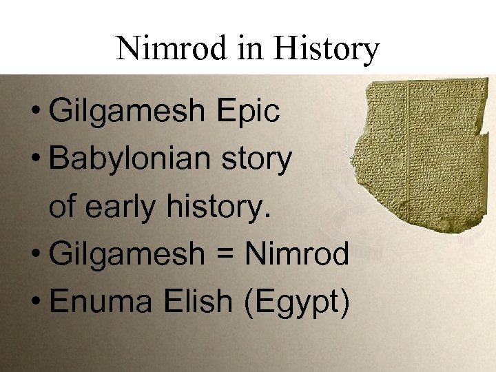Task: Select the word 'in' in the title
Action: pyautogui.click(x=242, y=49)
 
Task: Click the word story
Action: pyautogui.click(x=264, y=160)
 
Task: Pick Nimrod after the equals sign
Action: pyautogui.click(x=297, y=256)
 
